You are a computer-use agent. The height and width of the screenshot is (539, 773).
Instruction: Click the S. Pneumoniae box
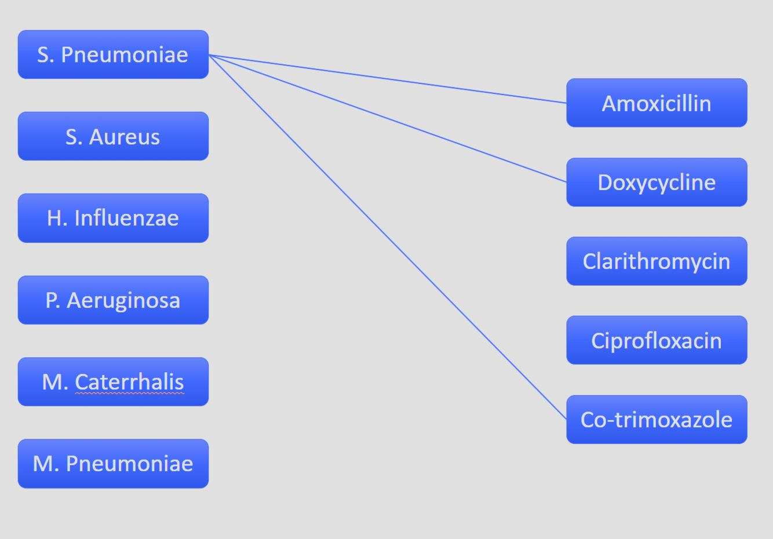[x=113, y=54]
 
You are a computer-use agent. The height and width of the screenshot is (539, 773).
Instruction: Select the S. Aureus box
[x=113, y=136]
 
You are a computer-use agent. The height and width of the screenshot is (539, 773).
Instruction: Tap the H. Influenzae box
[x=113, y=218]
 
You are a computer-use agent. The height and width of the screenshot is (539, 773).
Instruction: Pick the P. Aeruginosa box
[x=113, y=300]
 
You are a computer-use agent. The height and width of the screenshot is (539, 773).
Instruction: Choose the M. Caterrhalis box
[x=113, y=382]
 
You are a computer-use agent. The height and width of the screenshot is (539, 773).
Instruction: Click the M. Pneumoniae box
[x=113, y=464]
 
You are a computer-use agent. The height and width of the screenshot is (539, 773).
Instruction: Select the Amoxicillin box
[x=657, y=103]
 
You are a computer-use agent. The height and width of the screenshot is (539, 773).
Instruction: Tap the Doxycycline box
[x=657, y=182]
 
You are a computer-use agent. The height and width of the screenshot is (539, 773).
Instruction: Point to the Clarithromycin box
[x=657, y=261]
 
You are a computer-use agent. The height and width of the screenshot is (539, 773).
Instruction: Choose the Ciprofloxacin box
[x=657, y=340]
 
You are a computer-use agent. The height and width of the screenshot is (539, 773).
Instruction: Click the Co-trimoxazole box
[x=657, y=420]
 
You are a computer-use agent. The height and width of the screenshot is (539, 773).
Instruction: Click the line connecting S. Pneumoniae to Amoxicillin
[x=388, y=79]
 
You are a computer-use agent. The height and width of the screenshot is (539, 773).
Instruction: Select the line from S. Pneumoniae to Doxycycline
[x=388, y=119]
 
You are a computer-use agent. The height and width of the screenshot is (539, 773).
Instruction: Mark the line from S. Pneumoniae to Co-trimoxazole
[x=388, y=237]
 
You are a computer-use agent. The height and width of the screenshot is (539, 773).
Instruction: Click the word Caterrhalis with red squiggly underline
[x=129, y=383]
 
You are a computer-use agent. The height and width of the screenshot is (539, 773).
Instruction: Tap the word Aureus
[x=125, y=137]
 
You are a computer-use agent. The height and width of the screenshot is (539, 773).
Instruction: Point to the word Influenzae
[x=126, y=218]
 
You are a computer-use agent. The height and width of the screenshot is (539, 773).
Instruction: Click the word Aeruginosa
[x=123, y=301]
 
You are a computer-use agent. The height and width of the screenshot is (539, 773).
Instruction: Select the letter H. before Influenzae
[x=56, y=218]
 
